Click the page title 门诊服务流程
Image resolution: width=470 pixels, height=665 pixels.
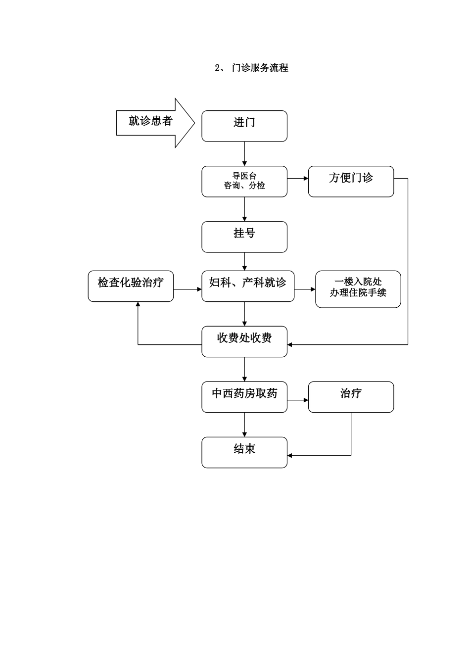click(251, 68)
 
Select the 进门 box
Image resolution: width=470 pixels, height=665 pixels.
click(244, 126)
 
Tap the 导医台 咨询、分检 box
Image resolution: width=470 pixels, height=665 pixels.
click(244, 182)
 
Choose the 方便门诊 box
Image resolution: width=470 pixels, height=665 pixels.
click(351, 182)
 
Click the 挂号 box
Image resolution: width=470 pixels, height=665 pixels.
click(244, 237)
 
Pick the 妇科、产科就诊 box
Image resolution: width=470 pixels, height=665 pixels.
click(248, 286)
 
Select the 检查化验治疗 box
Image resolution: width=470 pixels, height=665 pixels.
click(131, 286)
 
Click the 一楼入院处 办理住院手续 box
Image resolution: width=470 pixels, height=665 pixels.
click(358, 289)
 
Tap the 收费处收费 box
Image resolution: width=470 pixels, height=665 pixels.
click(244, 342)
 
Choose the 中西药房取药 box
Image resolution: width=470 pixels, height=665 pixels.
click(244, 397)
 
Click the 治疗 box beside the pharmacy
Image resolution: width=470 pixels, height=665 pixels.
click(351, 397)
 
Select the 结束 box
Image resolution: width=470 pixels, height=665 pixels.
click(244, 453)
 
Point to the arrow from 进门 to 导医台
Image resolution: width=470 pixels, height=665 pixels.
click(244, 154)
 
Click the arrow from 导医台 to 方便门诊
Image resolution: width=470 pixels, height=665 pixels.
click(298, 178)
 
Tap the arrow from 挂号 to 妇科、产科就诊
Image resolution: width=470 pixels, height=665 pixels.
click(244, 262)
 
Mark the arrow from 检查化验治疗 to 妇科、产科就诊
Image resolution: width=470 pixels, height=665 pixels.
click(188, 289)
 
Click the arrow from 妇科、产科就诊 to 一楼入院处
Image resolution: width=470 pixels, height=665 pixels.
click(305, 289)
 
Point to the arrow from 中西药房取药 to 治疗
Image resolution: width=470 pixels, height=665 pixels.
click(298, 400)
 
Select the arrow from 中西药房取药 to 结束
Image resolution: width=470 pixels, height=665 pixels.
click(244, 425)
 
